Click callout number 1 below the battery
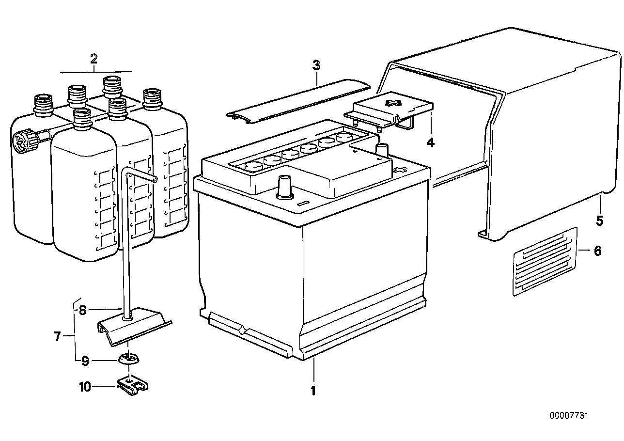tap(313, 390)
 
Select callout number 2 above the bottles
tap(94, 59)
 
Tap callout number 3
tap(316, 65)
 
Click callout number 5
tap(600, 221)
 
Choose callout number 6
tap(597, 251)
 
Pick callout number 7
tap(57, 336)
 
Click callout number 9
tap(84, 361)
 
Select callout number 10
tap(84, 387)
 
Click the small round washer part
tap(128, 359)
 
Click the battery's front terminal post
tap(285, 187)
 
